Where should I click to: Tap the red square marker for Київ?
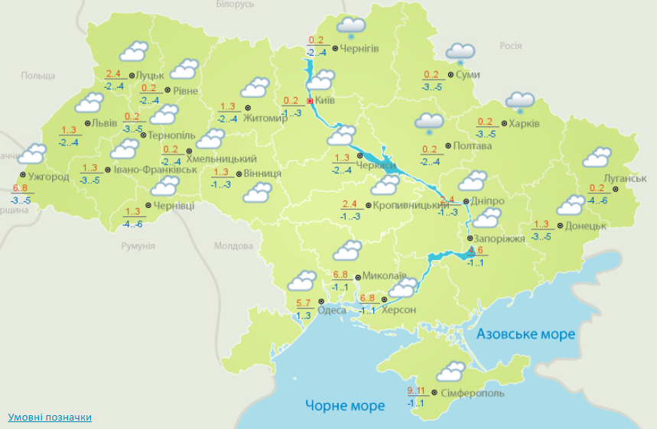[x=310, y=100]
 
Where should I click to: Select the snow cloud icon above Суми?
[x=460, y=53]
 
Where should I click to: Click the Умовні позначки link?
[x=50, y=418]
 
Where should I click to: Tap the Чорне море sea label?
[x=345, y=405]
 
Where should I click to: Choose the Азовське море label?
[x=525, y=334]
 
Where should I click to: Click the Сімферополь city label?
[x=473, y=393]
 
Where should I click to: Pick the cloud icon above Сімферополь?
[x=450, y=372]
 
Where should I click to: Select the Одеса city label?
[x=331, y=310]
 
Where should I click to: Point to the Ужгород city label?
[x=47, y=177]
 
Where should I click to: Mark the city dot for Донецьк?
[x=560, y=226]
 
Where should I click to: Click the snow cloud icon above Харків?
[x=520, y=101]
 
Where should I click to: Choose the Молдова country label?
[x=233, y=246]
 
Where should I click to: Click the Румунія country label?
[x=138, y=246]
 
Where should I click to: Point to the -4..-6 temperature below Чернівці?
[x=132, y=224]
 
